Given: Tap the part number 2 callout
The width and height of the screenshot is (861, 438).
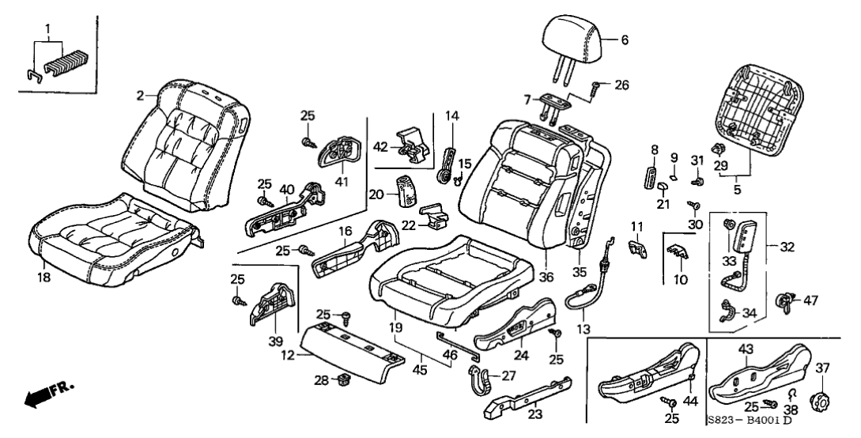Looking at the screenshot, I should coord(140,96).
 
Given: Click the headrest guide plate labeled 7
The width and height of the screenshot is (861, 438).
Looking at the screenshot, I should coord(557,100).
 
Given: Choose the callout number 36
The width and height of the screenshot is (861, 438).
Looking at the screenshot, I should coord(544,277).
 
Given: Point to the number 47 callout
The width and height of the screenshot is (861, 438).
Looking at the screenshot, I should coord(810,300).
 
